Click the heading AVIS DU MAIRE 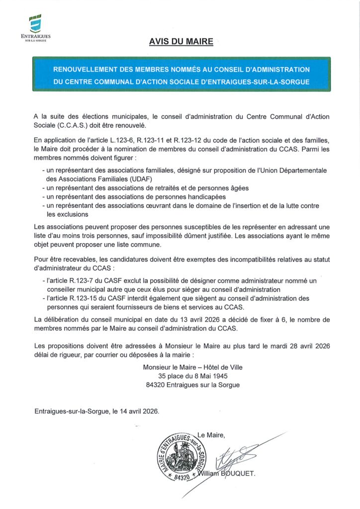pos(181,42)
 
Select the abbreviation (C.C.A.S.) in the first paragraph pos(72,126)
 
